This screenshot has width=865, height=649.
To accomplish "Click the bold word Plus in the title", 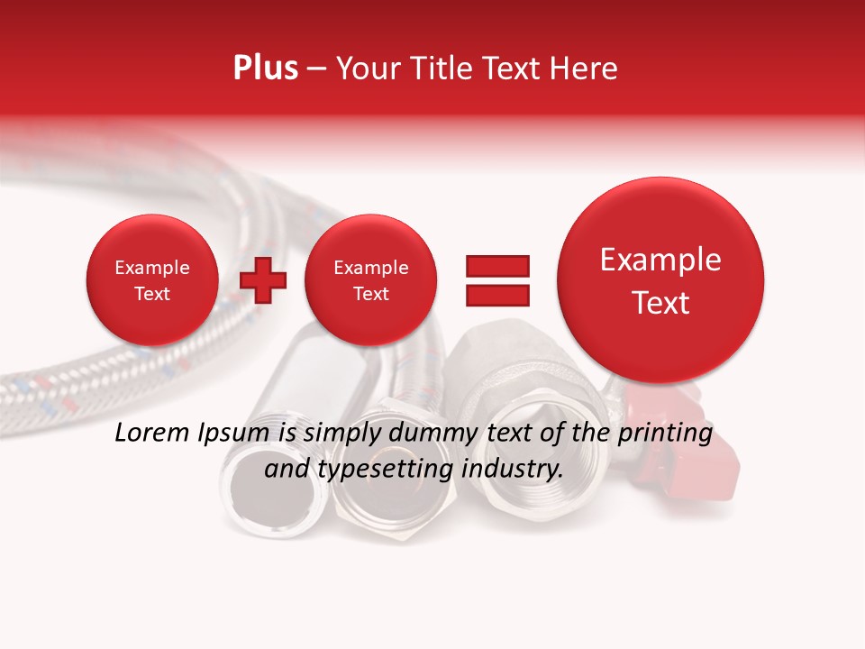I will point(265,69).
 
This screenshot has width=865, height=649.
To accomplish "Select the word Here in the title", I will point(584,69).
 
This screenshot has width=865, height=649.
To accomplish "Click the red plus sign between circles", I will point(263,280).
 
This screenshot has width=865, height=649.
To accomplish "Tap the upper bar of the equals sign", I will point(496,265).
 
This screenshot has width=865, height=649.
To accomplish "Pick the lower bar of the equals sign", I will point(496,295).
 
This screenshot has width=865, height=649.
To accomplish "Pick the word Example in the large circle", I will point(660,260).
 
